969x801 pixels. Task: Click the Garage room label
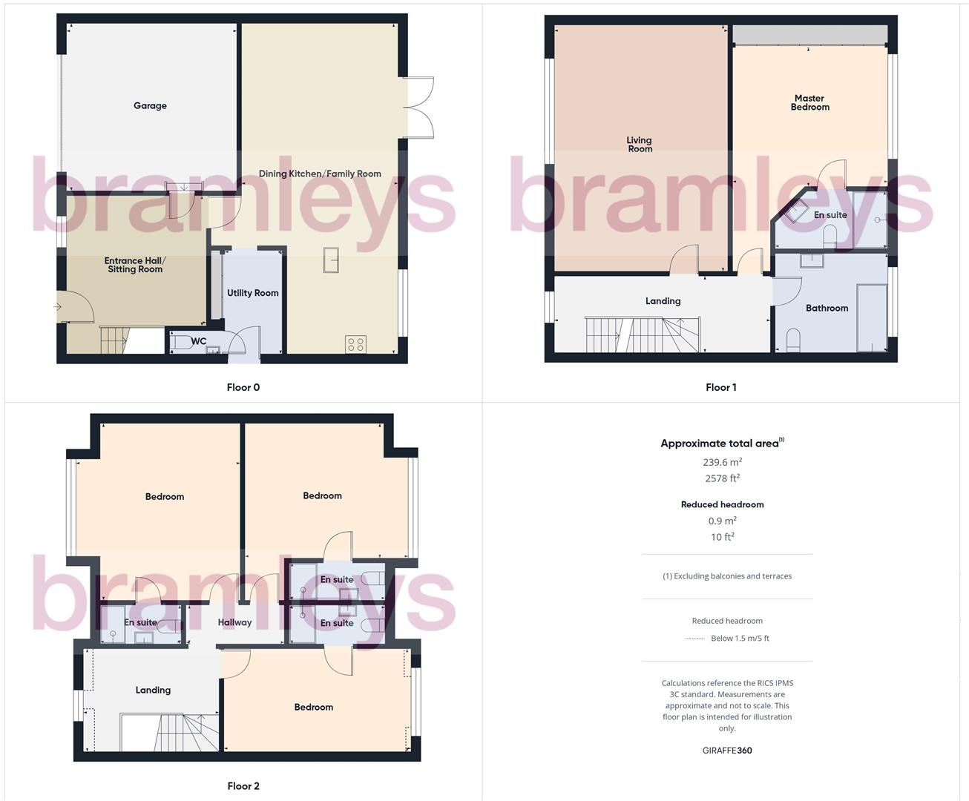[x=150, y=106]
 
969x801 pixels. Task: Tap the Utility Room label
[x=252, y=293]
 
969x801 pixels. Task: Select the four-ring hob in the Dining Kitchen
[x=355, y=344]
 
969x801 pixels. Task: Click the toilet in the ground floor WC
[x=182, y=343]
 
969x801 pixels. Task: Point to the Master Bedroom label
[x=809, y=102]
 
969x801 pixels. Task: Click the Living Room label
[x=639, y=144]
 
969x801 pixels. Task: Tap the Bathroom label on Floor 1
[x=827, y=308]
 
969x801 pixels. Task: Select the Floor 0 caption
[x=243, y=387]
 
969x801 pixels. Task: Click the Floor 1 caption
[x=721, y=387]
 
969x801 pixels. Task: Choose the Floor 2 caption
[x=243, y=786]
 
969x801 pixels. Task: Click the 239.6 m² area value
[x=722, y=462]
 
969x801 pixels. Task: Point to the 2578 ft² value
[x=722, y=478]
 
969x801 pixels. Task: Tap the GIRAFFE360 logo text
[x=727, y=751]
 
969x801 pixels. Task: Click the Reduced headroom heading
[x=722, y=504]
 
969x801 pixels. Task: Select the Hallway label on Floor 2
[x=234, y=622]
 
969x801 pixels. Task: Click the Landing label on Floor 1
[x=663, y=301]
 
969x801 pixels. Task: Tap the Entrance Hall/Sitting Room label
[x=135, y=265]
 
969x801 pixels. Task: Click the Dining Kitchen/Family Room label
[x=320, y=174]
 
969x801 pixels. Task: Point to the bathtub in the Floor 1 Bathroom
[x=871, y=317]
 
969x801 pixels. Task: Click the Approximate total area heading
[x=720, y=444]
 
